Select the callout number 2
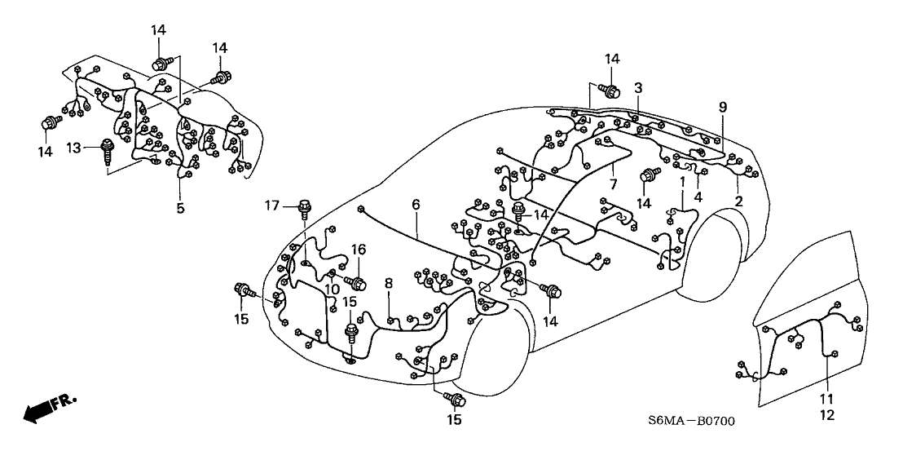(x=738, y=201)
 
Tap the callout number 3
(x=638, y=88)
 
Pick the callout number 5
(x=180, y=208)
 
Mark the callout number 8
(x=389, y=283)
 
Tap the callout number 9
(x=722, y=107)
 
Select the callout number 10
(x=333, y=290)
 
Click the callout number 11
(x=828, y=399)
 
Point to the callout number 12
(x=828, y=415)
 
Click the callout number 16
(x=356, y=250)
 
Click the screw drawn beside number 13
(x=107, y=153)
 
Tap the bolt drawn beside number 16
(x=357, y=283)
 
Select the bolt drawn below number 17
(x=306, y=209)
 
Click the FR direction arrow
(x=48, y=408)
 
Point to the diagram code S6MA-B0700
(x=691, y=422)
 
